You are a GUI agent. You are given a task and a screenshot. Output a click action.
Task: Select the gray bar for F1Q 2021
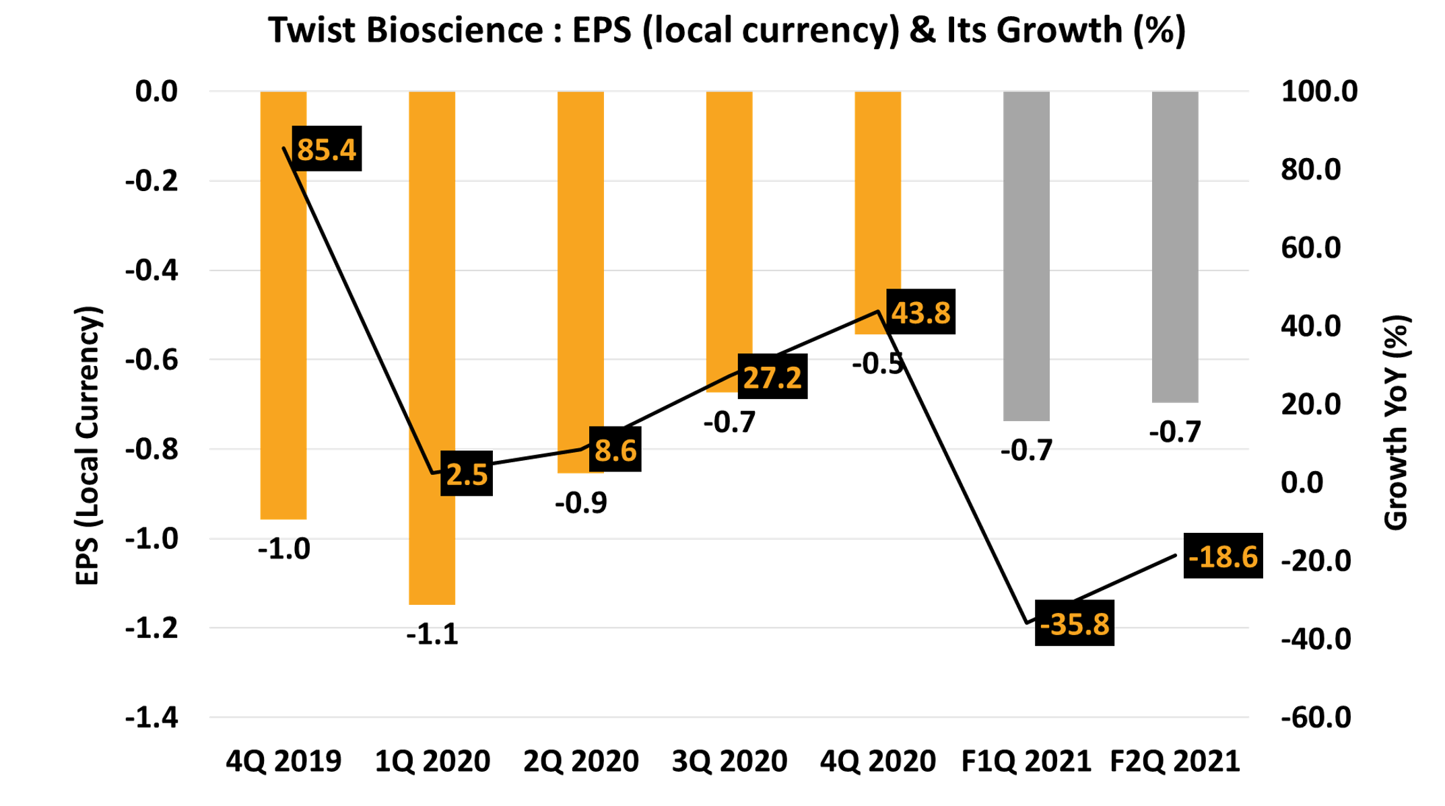click(1026, 256)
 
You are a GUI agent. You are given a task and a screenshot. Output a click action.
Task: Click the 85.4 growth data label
click(327, 149)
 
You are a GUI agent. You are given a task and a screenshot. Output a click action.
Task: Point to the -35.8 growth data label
click(1075, 624)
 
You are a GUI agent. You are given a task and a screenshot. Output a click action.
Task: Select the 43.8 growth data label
click(920, 312)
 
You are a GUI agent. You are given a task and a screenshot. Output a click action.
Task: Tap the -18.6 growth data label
click(1223, 556)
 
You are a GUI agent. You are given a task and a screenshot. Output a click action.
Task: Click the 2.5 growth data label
click(467, 474)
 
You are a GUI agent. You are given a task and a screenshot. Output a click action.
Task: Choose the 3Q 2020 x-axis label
click(729, 761)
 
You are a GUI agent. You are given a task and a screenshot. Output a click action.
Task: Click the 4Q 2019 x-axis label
click(283, 761)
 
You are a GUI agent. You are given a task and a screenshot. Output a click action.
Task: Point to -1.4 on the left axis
click(152, 718)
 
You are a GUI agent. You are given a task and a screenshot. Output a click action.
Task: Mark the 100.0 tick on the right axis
click(1319, 91)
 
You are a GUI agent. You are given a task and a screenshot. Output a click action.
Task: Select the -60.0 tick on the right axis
click(1316, 718)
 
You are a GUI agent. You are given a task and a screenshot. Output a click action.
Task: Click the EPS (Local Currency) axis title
click(88, 445)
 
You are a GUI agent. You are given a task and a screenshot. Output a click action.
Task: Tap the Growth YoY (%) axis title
click(1397, 423)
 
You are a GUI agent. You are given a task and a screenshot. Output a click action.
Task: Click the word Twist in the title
click(313, 30)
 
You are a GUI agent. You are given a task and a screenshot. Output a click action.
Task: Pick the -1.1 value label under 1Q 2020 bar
click(432, 634)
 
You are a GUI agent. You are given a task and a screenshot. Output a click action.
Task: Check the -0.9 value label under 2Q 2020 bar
click(580, 503)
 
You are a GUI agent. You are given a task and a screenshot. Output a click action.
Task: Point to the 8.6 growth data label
click(615, 449)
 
